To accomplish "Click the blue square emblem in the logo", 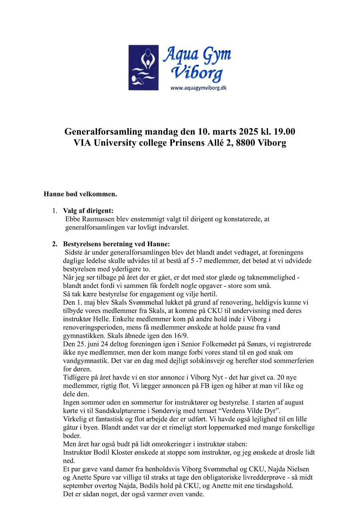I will pos(144,67).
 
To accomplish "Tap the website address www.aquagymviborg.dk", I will pos(198,88).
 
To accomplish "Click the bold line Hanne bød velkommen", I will pos(80,194).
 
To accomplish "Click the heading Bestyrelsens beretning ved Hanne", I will pos(116,244).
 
